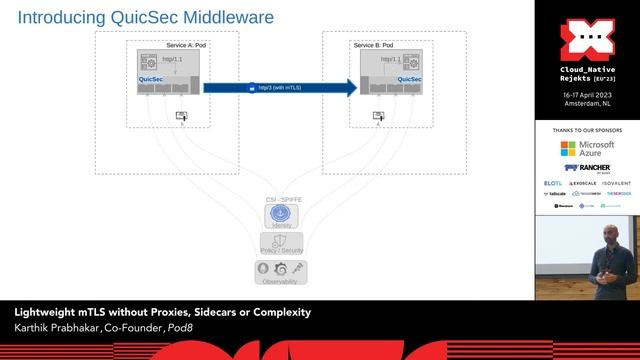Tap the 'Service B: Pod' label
click(373, 45)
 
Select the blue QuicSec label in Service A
click(151, 78)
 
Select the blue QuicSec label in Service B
click(374, 78)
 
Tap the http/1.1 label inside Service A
click(173, 60)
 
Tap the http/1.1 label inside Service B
click(390, 60)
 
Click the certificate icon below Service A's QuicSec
click(181, 116)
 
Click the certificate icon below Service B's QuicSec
click(378, 116)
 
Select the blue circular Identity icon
click(281, 213)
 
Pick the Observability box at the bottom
click(281, 271)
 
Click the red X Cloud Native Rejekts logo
click(586, 40)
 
